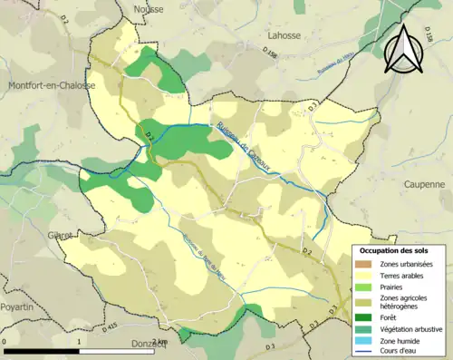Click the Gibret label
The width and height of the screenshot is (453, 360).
(60, 235)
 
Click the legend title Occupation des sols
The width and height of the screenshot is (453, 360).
(394, 249)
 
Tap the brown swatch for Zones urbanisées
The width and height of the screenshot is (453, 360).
(366, 263)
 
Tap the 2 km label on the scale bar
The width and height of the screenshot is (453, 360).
(159, 342)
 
